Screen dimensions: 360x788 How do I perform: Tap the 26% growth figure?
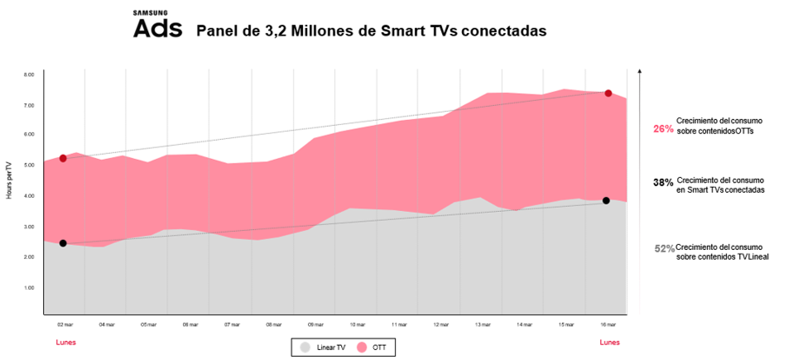(663, 128)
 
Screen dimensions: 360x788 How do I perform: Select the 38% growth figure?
(663, 183)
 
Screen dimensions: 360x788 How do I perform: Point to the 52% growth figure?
(664, 248)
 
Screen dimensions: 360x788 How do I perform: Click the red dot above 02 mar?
(63, 158)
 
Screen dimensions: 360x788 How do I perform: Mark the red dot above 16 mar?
(608, 94)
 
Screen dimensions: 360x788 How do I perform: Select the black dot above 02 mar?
(63, 243)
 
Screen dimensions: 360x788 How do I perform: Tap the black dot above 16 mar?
(607, 200)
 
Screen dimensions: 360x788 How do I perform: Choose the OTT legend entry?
(373, 348)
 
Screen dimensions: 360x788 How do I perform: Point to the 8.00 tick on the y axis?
(28, 74)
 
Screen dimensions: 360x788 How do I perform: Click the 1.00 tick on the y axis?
(28, 287)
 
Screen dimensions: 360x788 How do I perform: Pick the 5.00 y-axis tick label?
(28, 166)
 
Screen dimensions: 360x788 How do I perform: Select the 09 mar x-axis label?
(315, 324)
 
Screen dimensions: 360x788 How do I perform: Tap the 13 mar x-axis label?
(483, 324)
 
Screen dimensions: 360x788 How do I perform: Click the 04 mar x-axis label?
(106, 324)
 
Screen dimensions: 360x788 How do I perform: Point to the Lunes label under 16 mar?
(608, 342)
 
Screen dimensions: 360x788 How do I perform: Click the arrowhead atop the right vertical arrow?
(639, 73)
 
